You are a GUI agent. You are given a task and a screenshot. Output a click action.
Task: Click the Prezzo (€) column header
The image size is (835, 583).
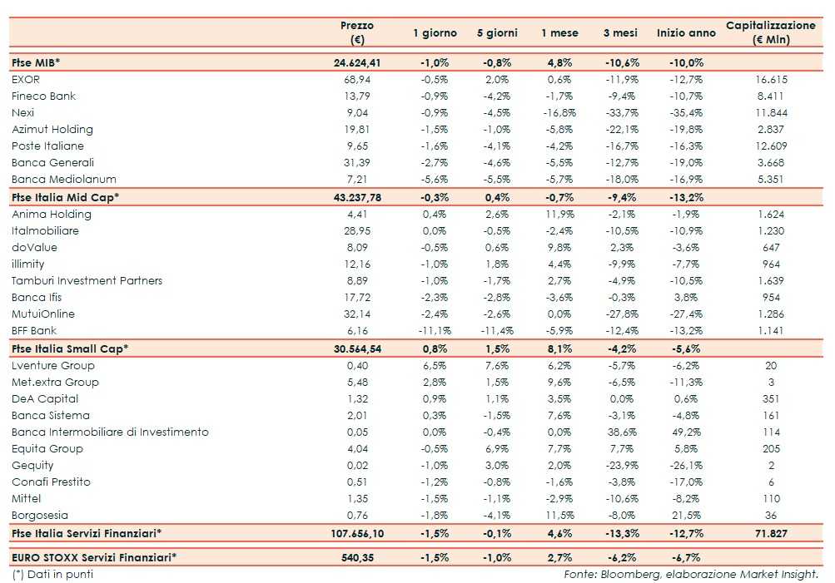[356, 32]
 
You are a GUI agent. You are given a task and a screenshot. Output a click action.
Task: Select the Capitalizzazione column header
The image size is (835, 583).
[770, 32]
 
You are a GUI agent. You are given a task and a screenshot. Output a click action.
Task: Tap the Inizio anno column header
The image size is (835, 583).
[686, 33]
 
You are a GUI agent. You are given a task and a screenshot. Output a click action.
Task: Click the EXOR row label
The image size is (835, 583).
[26, 80]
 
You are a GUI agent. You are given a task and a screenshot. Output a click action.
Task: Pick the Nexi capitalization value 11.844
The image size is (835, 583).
[771, 113]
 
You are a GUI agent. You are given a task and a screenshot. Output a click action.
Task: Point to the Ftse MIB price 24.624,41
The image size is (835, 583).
[356, 62]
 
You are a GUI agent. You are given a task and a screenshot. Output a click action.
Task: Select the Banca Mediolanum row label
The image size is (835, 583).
[64, 180]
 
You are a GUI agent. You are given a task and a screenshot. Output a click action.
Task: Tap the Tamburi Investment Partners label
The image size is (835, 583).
[87, 281]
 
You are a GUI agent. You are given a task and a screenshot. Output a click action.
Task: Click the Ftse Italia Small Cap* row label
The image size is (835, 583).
[70, 348]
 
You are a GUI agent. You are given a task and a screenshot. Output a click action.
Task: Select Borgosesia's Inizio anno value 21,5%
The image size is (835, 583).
[686, 516]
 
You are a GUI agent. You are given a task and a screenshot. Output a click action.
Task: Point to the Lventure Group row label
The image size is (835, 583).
[53, 366]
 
